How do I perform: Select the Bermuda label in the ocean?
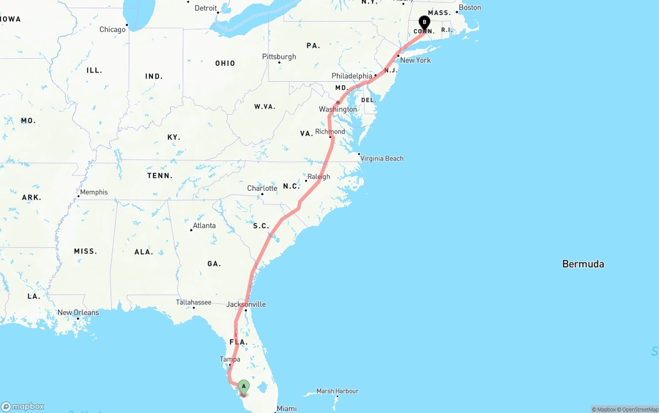(x=583, y=264)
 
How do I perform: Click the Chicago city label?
(x=112, y=29)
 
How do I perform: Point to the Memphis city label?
(x=94, y=192)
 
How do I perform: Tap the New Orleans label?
(x=78, y=312)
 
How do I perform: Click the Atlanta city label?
(x=204, y=225)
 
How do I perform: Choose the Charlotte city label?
(x=262, y=188)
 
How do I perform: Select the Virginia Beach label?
(x=381, y=158)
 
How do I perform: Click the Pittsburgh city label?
(x=279, y=57)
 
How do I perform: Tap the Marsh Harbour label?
(x=337, y=391)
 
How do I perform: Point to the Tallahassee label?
(x=194, y=302)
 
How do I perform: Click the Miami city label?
(x=286, y=408)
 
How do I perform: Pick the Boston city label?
(x=470, y=8)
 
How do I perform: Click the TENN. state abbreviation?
(x=160, y=175)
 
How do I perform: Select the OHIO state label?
(x=225, y=63)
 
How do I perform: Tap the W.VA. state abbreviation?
(x=265, y=106)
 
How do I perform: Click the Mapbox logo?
(x=23, y=406)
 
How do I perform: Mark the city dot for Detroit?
(x=218, y=12)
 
